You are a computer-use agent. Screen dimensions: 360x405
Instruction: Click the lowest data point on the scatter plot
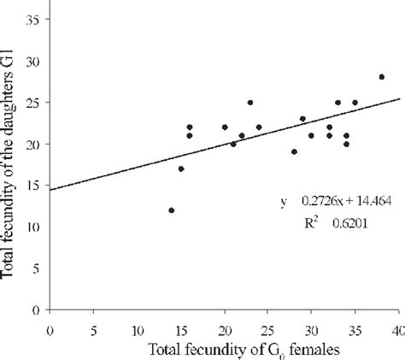pyautogui.click(x=172, y=210)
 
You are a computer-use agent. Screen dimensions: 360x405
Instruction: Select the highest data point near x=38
pyautogui.click(x=381, y=77)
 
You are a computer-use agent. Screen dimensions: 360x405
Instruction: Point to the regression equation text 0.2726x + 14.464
pyautogui.click(x=334, y=202)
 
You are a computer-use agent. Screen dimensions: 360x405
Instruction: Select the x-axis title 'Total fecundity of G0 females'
pyautogui.click(x=233, y=349)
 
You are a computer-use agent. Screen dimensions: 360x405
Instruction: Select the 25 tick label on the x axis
pyautogui.click(x=268, y=329)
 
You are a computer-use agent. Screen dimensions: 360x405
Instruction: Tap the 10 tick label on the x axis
pyautogui.click(x=138, y=329)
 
